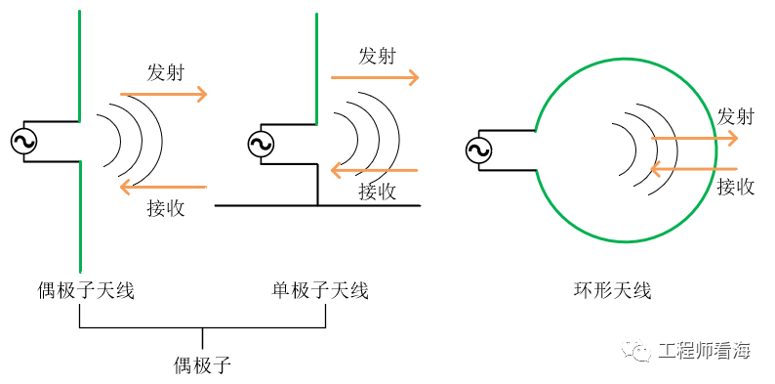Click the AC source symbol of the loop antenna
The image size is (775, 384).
[x=478, y=149]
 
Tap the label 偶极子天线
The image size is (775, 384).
[x=85, y=290]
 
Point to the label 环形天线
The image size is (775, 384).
[x=612, y=290]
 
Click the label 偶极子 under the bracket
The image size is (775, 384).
[x=202, y=365]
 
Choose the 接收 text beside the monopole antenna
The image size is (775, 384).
[x=377, y=192]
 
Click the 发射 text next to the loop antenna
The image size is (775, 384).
[x=735, y=116]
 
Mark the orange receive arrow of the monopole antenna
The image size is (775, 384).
[x=375, y=171]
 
